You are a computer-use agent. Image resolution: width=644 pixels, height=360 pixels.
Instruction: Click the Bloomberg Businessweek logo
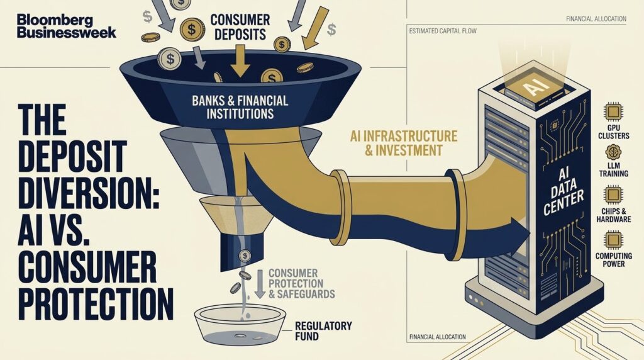(x=67, y=26)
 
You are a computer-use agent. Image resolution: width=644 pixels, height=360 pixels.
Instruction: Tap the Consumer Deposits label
(x=240, y=26)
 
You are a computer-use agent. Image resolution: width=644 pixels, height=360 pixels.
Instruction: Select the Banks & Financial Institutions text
(x=240, y=107)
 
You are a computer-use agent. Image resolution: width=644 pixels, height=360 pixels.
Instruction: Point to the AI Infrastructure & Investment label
(x=403, y=143)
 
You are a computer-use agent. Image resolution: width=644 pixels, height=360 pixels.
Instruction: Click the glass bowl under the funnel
(x=240, y=325)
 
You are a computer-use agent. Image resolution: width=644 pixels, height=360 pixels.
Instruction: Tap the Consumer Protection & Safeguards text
(x=302, y=284)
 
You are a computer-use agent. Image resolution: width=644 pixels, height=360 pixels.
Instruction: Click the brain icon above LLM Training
(x=613, y=152)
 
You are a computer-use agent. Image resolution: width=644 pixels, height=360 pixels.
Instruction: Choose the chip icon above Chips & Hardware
(x=613, y=194)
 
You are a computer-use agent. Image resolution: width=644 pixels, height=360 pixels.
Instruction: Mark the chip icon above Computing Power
(x=613, y=240)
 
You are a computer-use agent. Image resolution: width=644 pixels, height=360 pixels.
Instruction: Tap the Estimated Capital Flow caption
(x=443, y=31)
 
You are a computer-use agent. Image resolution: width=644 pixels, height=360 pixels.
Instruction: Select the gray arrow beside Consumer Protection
(x=260, y=284)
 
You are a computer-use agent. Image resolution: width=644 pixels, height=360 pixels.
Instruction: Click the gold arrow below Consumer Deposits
(x=240, y=61)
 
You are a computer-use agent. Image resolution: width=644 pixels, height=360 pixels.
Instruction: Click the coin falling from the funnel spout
(x=245, y=256)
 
